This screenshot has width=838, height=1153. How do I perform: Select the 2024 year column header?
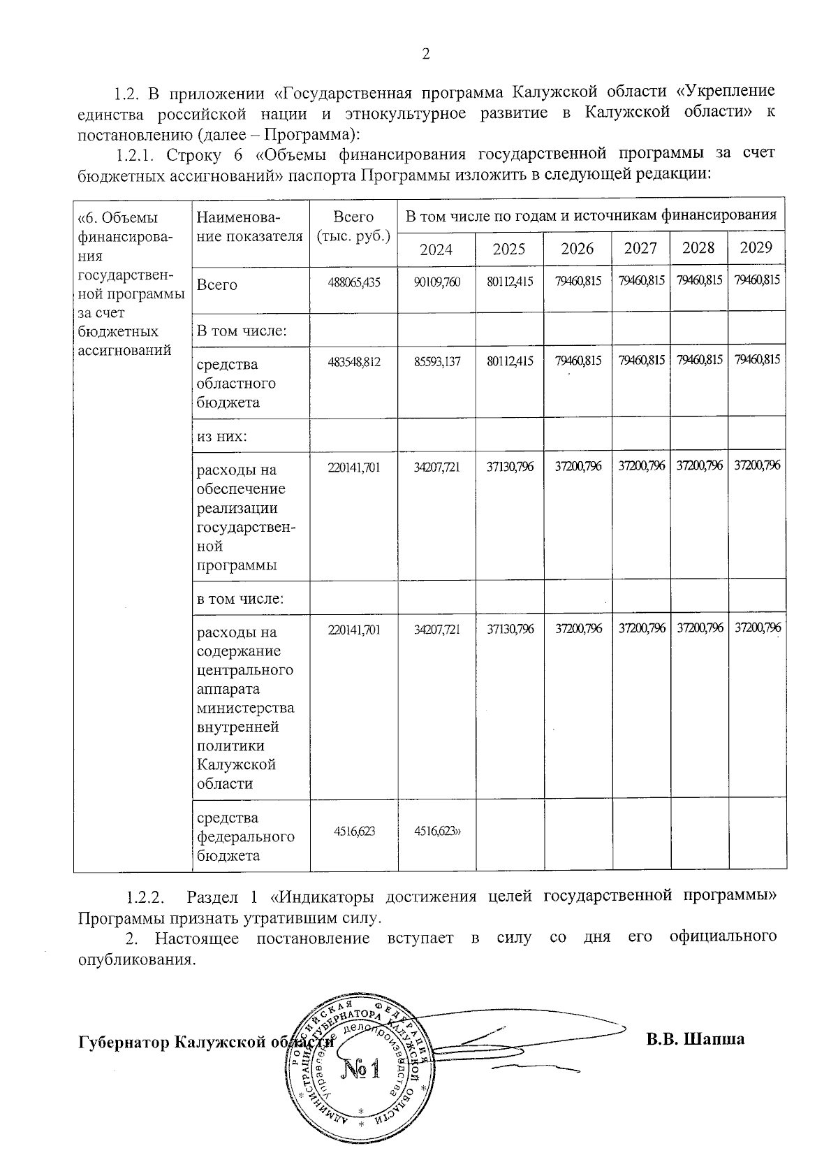(436, 249)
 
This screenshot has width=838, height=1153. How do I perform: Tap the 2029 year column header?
(756, 247)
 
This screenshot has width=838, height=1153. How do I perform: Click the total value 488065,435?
(354, 284)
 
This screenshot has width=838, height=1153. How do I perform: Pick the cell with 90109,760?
(436, 284)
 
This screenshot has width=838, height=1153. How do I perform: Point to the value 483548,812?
(354, 363)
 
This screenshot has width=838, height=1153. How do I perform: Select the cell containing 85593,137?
(436, 363)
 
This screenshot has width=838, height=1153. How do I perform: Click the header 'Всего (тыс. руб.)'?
(353, 226)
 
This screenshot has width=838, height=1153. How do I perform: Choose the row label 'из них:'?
(223, 436)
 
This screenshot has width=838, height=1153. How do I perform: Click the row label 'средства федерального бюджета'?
(245, 836)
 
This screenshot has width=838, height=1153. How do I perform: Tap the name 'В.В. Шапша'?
(695, 1039)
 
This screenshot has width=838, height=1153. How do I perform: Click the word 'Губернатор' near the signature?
(123, 1042)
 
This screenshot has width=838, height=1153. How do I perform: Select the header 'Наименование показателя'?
(250, 226)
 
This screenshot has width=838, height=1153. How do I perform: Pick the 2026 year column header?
(578, 249)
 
